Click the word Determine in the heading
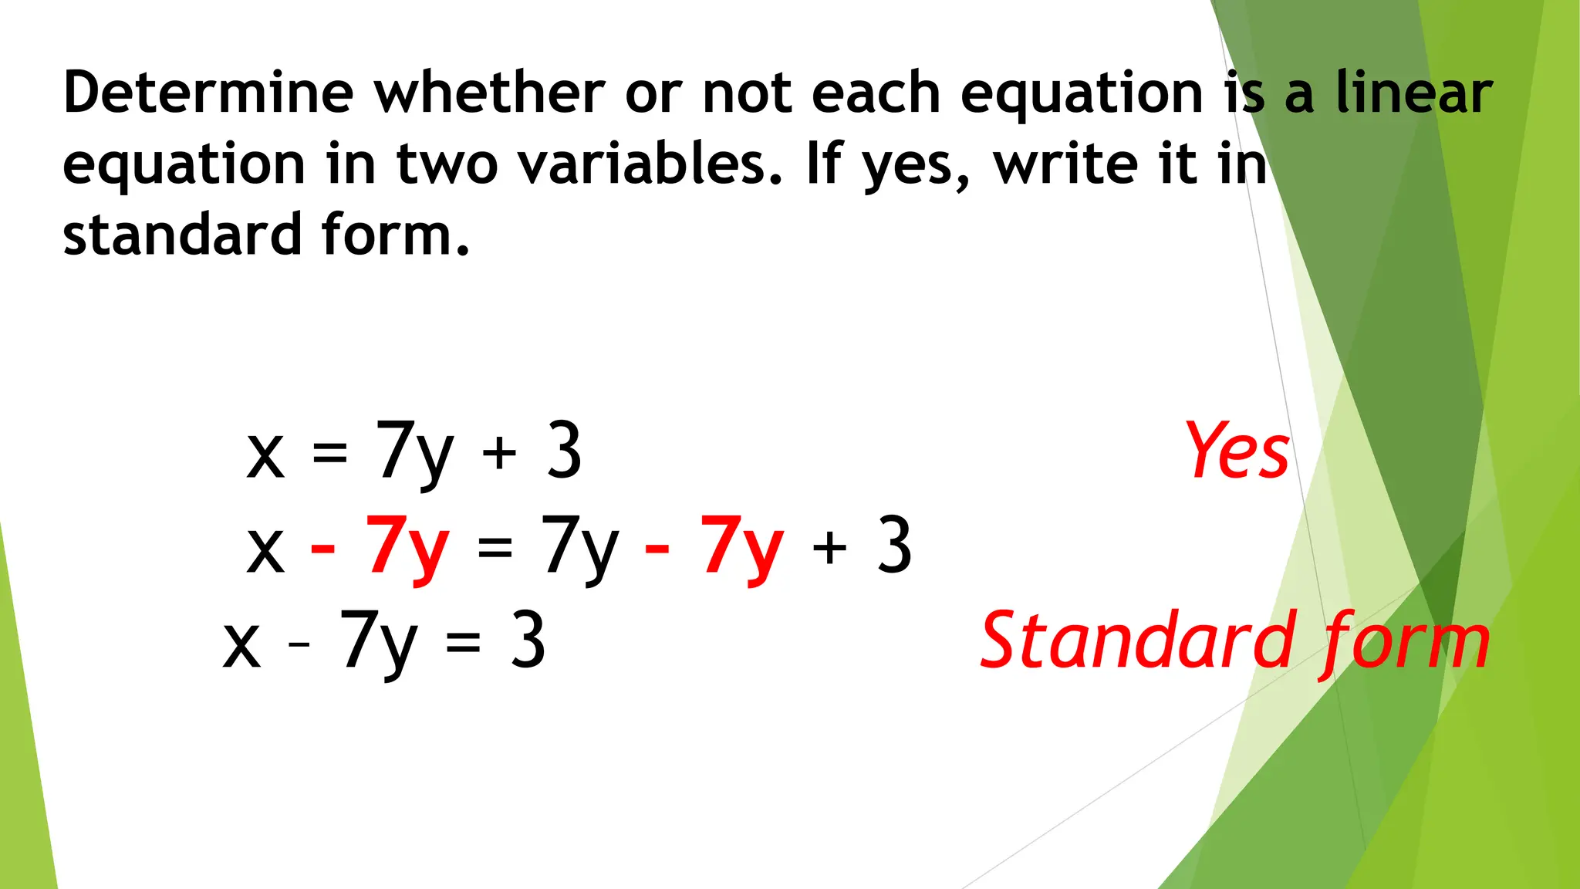(x=208, y=93)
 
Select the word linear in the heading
(x=1414, y=93)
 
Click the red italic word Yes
(x=1237, y=451)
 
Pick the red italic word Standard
(x=1137, y=641)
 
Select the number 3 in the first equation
(x=564, y=451)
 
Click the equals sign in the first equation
(x=329, y=454)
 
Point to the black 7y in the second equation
(x=580, y=546)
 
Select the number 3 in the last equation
(x=528, y=641)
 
